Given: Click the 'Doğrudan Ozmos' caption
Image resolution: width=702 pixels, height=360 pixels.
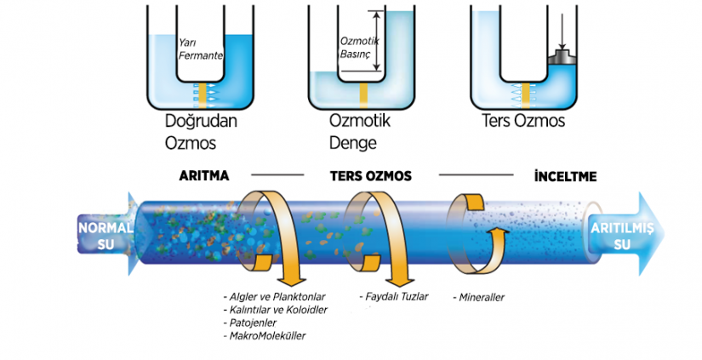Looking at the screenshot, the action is click(201, 132).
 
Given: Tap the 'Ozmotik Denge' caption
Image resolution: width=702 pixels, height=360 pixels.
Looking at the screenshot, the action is click(360, 132).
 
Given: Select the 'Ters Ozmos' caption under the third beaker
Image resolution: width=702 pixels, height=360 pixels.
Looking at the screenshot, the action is click(523, 121).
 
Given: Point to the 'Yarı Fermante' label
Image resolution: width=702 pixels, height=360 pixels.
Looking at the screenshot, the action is click(201, 49).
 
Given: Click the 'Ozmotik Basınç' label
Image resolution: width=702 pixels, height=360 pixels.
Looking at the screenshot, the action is click(359, 48).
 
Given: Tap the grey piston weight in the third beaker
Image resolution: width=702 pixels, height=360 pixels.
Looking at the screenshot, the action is click(562, 57).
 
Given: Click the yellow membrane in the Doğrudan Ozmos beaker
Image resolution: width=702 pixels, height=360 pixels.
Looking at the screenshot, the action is click(202, 95).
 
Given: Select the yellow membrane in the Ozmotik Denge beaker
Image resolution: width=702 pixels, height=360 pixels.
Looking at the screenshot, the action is click(363, 96).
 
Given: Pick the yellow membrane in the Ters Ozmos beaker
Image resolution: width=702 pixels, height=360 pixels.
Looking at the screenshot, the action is click(526, 95).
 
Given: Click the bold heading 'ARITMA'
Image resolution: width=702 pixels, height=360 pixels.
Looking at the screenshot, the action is click(203, 175).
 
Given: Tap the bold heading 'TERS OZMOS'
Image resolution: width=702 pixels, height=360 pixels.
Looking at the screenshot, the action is click(371, 176).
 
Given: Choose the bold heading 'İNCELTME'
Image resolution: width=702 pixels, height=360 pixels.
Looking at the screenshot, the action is click(566, 176).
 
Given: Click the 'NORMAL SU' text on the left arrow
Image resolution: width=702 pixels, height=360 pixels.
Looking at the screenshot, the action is click(106, 236).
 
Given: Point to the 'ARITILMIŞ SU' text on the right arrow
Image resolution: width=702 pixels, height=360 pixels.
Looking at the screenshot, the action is click(622, 236).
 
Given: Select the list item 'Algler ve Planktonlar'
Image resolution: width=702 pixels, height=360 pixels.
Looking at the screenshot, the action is click(274, 297).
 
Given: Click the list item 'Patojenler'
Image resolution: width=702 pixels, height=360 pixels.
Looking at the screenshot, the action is click(249, 323).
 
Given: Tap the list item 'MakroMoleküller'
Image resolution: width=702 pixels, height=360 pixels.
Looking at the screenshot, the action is click(264, 336).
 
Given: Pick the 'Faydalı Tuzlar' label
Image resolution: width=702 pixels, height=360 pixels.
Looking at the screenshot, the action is click(394, 296).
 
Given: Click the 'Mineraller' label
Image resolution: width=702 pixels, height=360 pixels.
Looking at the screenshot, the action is click(478, 297).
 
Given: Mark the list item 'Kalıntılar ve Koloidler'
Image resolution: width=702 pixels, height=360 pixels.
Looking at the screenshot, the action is click(276, 310).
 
